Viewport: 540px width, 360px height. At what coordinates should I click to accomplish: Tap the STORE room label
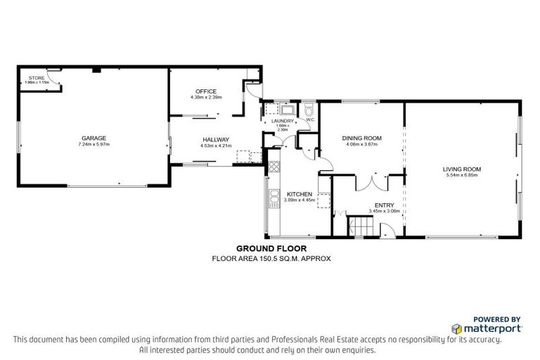[37, 77]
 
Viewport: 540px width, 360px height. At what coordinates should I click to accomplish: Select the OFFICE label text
[206, 91]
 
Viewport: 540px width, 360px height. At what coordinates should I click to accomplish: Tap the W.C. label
[309, 120]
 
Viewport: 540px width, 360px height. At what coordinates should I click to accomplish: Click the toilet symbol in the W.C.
[309, 110]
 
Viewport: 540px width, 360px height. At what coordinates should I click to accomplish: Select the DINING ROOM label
[361, 138]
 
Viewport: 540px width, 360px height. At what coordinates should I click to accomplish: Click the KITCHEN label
[299, 193]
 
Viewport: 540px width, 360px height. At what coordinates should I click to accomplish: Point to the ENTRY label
[383, 205]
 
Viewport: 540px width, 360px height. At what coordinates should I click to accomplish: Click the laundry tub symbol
[288, 110]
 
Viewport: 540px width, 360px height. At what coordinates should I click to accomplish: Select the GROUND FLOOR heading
[271, 248]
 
